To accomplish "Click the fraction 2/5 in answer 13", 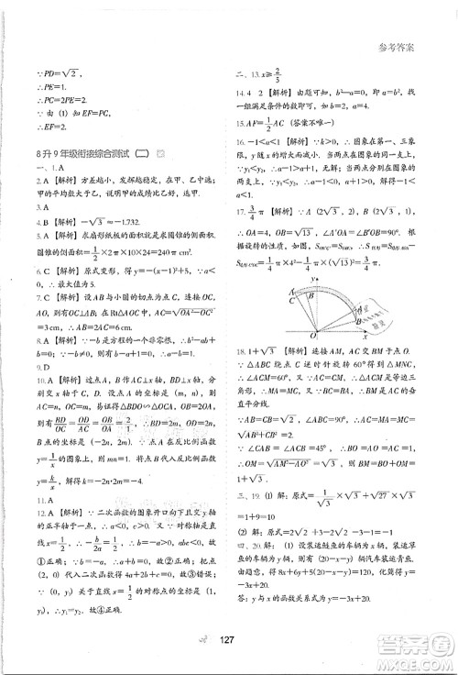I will [290, 75].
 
